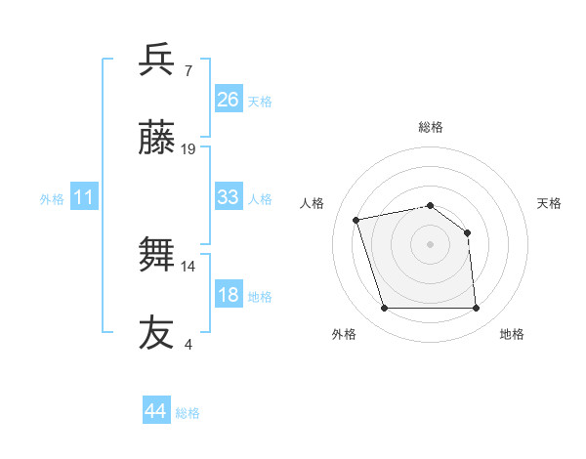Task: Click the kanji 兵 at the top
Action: point(157,61)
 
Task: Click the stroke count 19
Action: point(188,149)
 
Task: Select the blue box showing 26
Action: point(229,100)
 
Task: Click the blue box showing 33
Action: point(229,197)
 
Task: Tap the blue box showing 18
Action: point(229,295)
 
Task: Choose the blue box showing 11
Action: point(84,198)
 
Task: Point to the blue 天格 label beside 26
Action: point(260,102)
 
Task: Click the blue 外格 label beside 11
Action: point(52,199)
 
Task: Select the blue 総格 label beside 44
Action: point(188,413)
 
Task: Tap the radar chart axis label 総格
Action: point(430,127)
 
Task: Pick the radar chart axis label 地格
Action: point(512,334)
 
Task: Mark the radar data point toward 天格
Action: point(467,232)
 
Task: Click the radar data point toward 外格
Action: point(384,309)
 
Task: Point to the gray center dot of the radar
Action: point(430,244)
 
